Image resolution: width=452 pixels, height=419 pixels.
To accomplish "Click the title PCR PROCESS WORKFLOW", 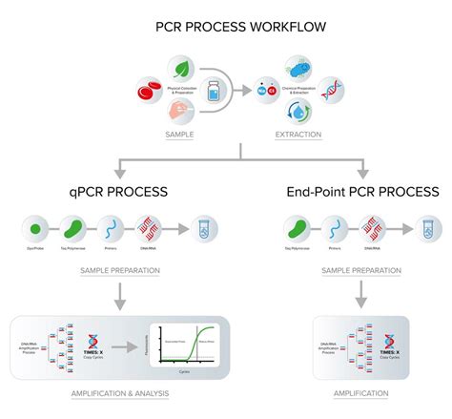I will click(x=226, y=27).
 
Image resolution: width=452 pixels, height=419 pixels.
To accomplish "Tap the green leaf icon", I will click(x=180, y=68).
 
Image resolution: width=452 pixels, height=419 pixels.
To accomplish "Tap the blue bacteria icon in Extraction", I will click(x=298, y=70).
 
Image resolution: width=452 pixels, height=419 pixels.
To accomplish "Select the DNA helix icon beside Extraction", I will click(x=331, y=93).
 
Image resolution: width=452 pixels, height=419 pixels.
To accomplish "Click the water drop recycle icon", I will click(x=298, y=115).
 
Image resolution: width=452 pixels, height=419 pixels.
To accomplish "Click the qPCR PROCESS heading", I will click(x=117, y=191).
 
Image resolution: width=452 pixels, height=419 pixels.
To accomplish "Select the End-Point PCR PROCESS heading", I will click(x=362, y=191).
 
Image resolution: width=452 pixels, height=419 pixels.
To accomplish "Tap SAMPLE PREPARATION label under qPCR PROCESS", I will click(x=117, y=270).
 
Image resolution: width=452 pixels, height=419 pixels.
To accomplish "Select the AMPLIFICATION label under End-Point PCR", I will click(x=360, y=393).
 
